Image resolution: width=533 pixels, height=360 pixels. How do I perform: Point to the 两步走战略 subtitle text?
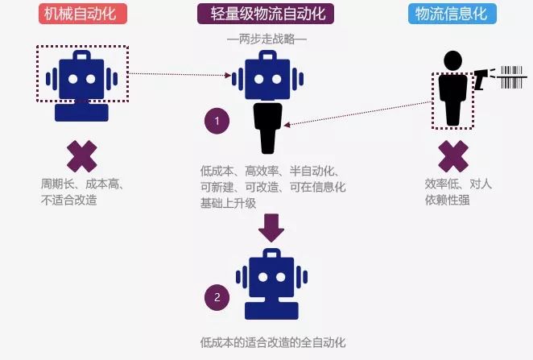tap(266, 39)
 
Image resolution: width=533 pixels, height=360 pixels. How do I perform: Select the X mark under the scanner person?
tap(452, 155)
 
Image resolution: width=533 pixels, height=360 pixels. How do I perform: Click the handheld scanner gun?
tap(482, 79)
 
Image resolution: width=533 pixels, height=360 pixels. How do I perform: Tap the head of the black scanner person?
tap(453, 60)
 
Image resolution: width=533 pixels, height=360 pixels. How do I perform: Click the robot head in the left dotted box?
tap(81, 74)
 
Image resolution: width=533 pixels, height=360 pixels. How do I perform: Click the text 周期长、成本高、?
tap(81, 184)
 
